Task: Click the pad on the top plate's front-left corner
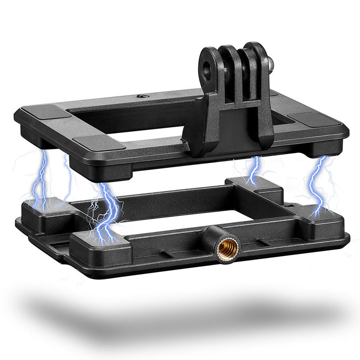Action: coord(99,143)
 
